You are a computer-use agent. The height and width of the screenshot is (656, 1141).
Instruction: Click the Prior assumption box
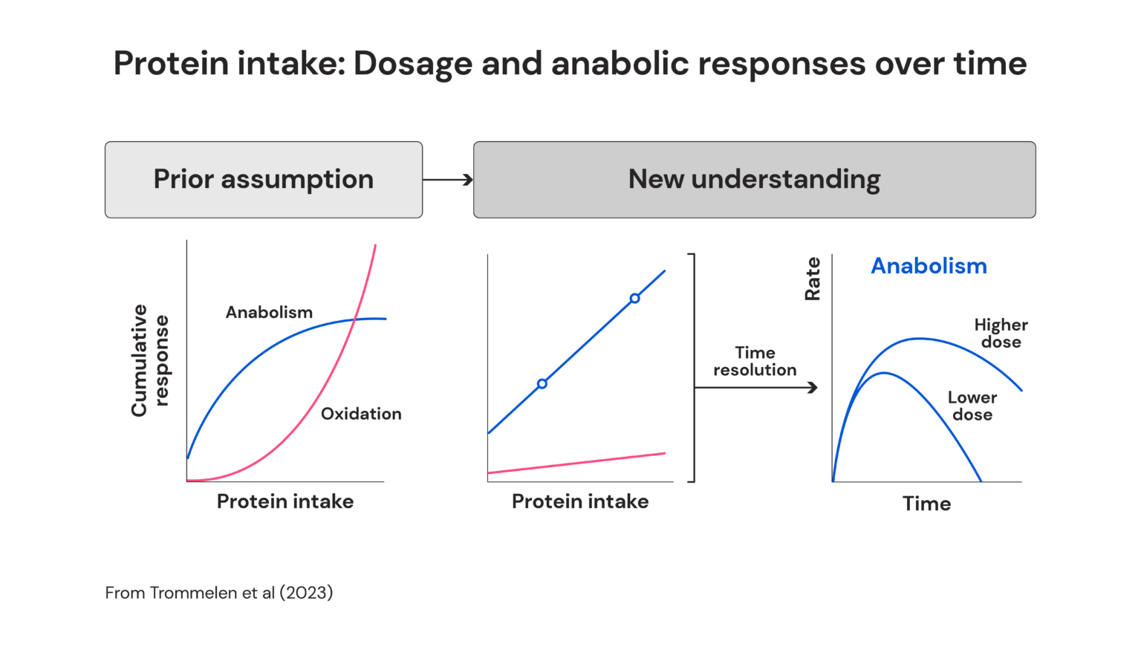point(264,180)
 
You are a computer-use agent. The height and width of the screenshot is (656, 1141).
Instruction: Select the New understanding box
point(754,180)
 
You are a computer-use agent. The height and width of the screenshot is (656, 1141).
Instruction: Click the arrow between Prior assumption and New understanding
point(448,180)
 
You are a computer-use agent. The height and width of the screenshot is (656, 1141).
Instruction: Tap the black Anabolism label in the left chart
point(269,312)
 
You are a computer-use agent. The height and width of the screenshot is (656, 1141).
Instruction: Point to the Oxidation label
point(361,414)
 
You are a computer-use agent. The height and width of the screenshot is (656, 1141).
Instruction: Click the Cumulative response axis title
point(149,360)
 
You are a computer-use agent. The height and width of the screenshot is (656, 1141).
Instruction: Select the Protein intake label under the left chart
point(285,501)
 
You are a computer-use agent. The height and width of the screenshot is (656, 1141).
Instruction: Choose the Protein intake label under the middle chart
point(580,501)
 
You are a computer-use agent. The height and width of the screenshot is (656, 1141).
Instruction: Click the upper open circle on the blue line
point(634,299)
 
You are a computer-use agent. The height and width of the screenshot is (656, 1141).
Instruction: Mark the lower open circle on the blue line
point(542,384)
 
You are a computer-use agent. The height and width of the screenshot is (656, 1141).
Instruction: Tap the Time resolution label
point(755,361)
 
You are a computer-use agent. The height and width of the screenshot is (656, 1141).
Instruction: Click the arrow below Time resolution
point(756,387)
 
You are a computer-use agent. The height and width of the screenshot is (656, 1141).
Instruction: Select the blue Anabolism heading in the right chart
point(929,266)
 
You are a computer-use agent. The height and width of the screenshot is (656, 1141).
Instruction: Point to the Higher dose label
point(1001,334)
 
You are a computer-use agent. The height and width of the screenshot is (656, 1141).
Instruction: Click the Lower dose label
point(972,406)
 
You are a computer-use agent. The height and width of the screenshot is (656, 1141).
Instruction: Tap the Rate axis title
point(813,279)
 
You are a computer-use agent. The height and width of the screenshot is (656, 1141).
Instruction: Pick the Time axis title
point(926,504)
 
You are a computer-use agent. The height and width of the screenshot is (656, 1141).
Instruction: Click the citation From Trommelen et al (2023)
point(219,593)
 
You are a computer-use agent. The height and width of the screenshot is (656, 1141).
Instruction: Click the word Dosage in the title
point(412,64)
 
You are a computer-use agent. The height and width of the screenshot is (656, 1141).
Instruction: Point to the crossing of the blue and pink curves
point(355,319)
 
